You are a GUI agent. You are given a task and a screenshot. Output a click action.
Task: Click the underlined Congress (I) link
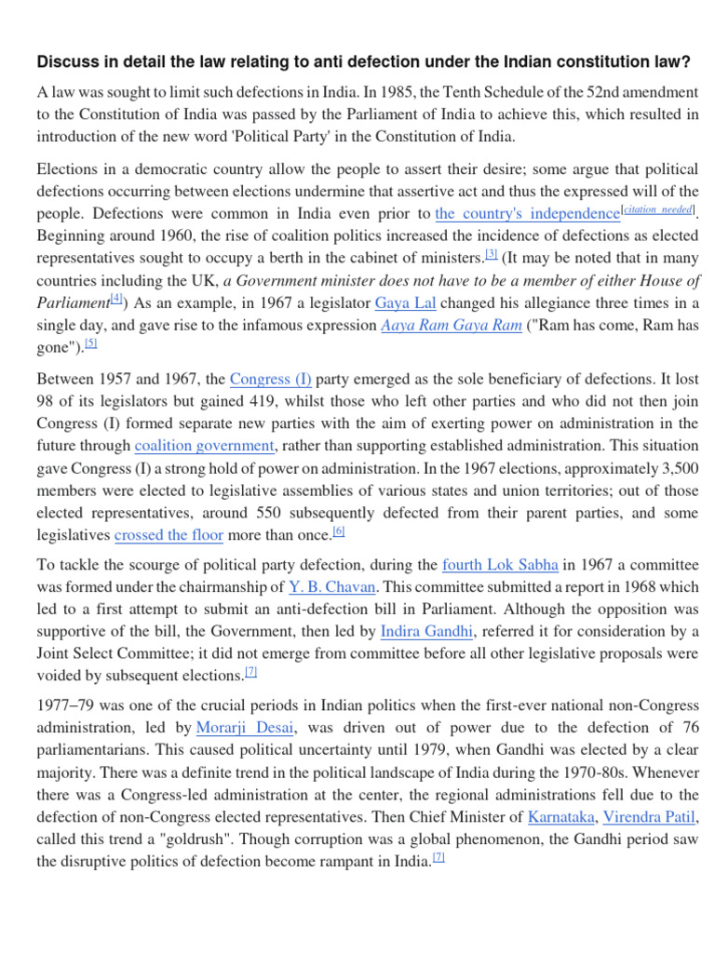(x=270, y=379)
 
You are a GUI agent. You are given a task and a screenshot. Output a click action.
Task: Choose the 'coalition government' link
(x=205, y=446)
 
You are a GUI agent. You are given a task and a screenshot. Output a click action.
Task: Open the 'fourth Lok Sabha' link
(x=501, y=565)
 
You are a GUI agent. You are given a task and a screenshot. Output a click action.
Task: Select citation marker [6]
(x=339, y=530)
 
